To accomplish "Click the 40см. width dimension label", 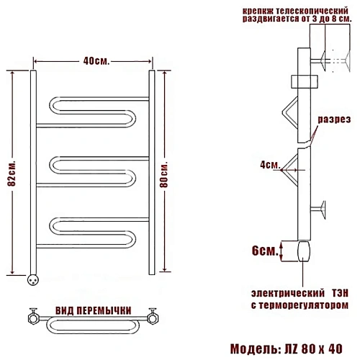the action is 96,61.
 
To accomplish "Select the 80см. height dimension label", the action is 164,174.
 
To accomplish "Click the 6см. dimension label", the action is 265,251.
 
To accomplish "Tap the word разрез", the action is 334,120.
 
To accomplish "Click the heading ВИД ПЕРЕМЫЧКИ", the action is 94,310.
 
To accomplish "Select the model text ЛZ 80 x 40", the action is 316,348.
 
